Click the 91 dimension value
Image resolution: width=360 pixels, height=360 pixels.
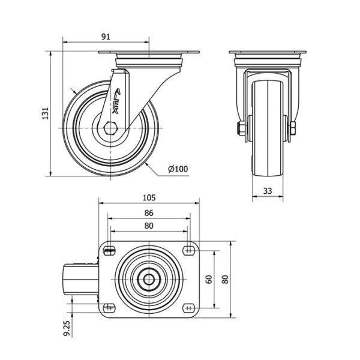point(106,37)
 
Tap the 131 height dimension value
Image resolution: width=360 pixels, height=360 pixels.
point(46,113)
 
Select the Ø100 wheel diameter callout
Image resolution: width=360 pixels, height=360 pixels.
point(178,169)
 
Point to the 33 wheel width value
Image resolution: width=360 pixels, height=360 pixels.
point(268,191)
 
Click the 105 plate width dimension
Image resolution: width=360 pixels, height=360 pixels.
point(149,197)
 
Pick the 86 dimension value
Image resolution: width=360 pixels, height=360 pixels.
point(149,213)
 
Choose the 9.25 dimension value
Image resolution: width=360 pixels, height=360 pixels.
point(67,328)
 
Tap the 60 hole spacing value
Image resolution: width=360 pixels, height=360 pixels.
point(209,280)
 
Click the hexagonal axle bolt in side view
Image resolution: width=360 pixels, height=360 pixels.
point(110,128)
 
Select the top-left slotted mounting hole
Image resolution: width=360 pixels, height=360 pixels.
point(109,250)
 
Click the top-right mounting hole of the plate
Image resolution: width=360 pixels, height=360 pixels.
point(189,250)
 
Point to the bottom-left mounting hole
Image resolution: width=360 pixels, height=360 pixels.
point(109,308)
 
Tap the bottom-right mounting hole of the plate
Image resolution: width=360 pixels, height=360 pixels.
point(189,308)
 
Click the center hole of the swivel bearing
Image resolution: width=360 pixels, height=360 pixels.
point(149,279)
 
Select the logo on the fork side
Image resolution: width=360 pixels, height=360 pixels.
point(116,101)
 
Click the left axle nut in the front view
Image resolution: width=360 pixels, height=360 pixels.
point(241,128)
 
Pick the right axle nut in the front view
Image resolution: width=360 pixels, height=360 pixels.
point(293,128)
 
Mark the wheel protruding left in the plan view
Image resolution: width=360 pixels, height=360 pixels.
point(81,280)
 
